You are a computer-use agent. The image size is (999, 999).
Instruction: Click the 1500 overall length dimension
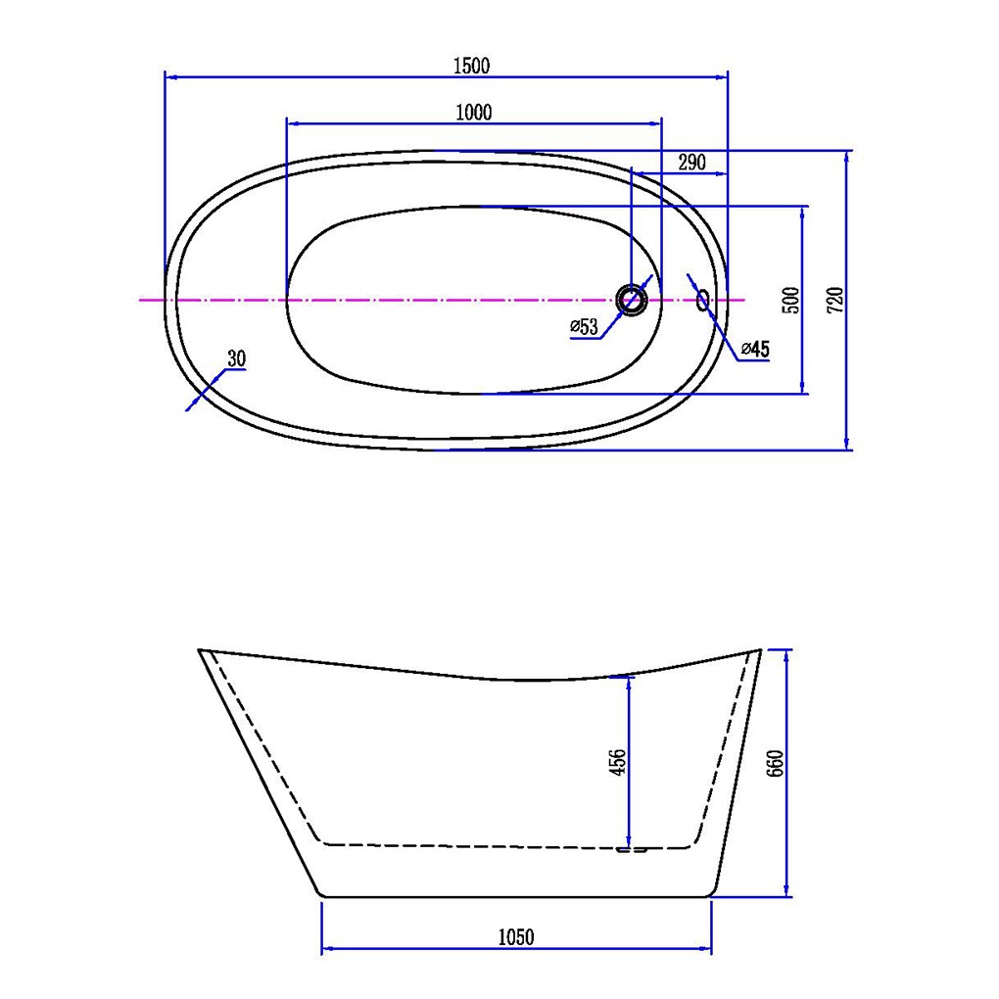click(471, 66)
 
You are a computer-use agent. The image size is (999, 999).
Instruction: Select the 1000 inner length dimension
click(474, 112)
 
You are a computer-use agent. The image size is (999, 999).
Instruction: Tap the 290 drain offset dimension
click(691, 163)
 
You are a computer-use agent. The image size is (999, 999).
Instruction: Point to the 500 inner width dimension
click(790, 300)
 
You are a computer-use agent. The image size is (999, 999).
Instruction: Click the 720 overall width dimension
click(835, 300)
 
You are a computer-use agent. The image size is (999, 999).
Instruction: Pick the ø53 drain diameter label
click(585, 327)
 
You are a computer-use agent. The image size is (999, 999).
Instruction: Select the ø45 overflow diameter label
click(756, 349)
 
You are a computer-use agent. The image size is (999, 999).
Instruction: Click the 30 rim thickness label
click(236, 358)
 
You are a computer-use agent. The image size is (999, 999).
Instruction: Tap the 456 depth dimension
click(618, 762)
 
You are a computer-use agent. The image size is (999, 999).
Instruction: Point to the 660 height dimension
click(776, 763)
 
